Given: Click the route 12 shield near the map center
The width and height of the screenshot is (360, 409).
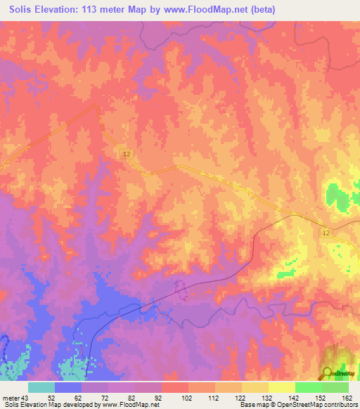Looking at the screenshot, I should (x=126, y=153).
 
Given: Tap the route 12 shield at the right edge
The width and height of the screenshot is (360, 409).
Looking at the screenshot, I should (x=327, y=233).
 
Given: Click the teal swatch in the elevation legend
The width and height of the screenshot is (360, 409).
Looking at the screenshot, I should (x=41, y=387).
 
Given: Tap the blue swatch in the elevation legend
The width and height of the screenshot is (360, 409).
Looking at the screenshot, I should (x=68, y=387).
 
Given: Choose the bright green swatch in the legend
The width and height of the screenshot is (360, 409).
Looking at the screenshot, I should (x=308, y=387).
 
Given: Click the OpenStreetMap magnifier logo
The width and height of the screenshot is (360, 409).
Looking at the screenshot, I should (x=327, y=373).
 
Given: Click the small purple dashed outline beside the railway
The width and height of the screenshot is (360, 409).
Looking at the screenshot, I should (x=180, y=288).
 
